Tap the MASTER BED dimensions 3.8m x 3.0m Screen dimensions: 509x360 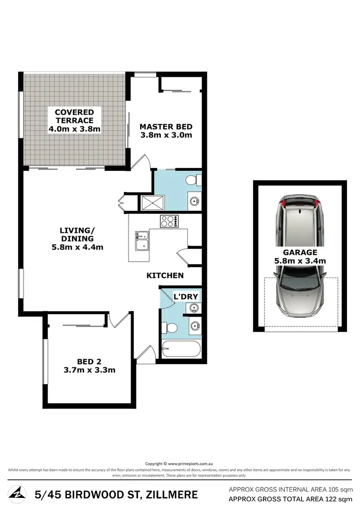[166, 135]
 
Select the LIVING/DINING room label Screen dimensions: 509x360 [77, 234]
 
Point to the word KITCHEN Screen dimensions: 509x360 [165, 275]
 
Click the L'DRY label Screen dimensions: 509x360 [186, 297]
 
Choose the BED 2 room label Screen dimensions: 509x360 [89, 362]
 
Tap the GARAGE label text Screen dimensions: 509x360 [300, 252]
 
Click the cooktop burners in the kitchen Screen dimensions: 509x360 [169, 221]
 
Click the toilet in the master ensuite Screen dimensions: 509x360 [193, 180]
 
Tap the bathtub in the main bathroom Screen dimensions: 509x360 [180, 349]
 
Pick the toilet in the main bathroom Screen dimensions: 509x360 [170, 328]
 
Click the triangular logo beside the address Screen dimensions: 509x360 [17, 494]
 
